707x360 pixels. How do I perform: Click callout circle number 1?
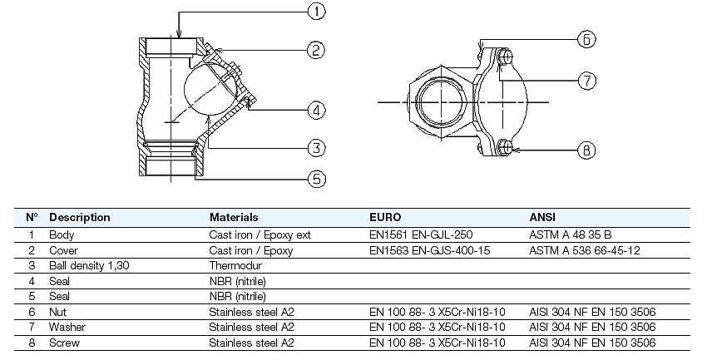315,12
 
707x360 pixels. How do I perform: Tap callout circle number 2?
315,51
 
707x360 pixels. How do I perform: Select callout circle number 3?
315,148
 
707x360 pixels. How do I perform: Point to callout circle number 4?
315,109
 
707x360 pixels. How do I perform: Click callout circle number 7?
587,81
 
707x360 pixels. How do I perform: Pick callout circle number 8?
587,150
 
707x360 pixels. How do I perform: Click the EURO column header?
385,217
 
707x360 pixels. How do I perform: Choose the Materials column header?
234,217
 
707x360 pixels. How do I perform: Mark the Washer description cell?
67,327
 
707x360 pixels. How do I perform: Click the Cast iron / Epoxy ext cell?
260,234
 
